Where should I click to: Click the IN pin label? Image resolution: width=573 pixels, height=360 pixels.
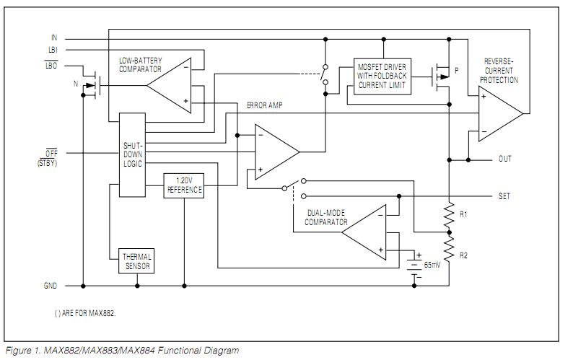tap(53, 37)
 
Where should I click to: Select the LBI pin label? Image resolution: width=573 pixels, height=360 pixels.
tap(53, 50)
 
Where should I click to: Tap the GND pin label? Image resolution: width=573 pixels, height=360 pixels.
tap(51, 286)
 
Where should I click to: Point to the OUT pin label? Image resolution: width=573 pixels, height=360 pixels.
tap(505, 159)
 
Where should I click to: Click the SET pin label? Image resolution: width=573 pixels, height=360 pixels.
tap(504, 196)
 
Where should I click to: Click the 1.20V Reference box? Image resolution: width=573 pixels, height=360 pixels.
tap(184, 186)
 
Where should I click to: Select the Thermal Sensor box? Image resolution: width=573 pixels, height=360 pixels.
tap(136, 260)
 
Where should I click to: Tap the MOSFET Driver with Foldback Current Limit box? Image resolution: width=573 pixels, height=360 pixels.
tap(382, 76)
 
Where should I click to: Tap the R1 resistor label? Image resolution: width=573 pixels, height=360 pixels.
tap(464, 214)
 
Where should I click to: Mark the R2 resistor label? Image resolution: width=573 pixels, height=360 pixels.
tap(464, 256)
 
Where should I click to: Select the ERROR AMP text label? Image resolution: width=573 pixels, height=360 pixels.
tap(265, 105)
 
